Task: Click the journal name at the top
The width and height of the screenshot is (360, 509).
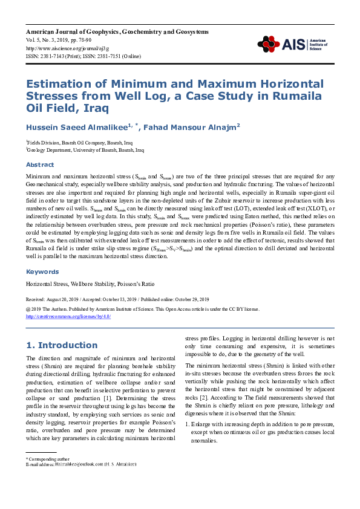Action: [117, 31]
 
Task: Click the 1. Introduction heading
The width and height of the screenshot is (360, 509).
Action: [62, 345]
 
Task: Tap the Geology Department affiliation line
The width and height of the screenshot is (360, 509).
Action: [85, 149]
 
